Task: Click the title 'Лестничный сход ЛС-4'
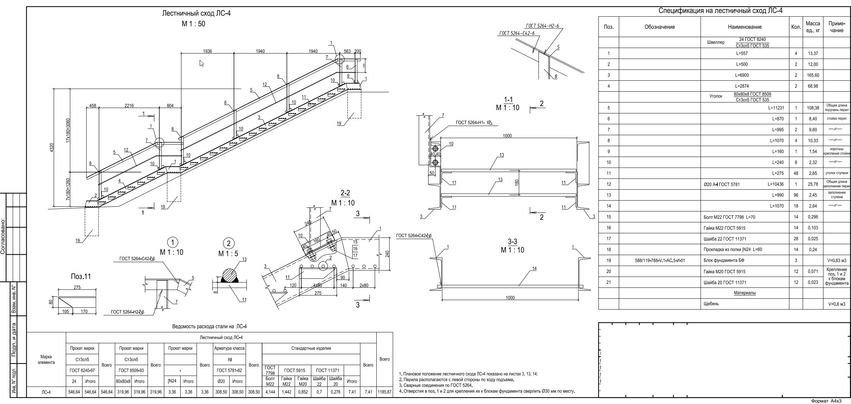tap(196, 14)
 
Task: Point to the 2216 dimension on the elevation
tap(129, 106)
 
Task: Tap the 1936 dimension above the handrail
tap(207, 51)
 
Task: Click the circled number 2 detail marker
tap(229, 243)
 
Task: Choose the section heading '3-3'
tap(512, 242)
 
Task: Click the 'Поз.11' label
tap(81, 277)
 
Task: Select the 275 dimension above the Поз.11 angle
tap(77, 287)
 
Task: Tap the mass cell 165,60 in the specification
tap(813, 75)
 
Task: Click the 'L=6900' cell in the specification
tap(742, 75)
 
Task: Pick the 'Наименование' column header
tap(745, 27)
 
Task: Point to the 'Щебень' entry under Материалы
tap(711, 304)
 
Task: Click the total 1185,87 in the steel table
tap(385, 392)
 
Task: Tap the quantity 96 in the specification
tap(796, 195)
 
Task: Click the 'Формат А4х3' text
tap(826, 401)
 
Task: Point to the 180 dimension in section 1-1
tap(517, 183)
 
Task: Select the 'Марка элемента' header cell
tap(46, 359)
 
